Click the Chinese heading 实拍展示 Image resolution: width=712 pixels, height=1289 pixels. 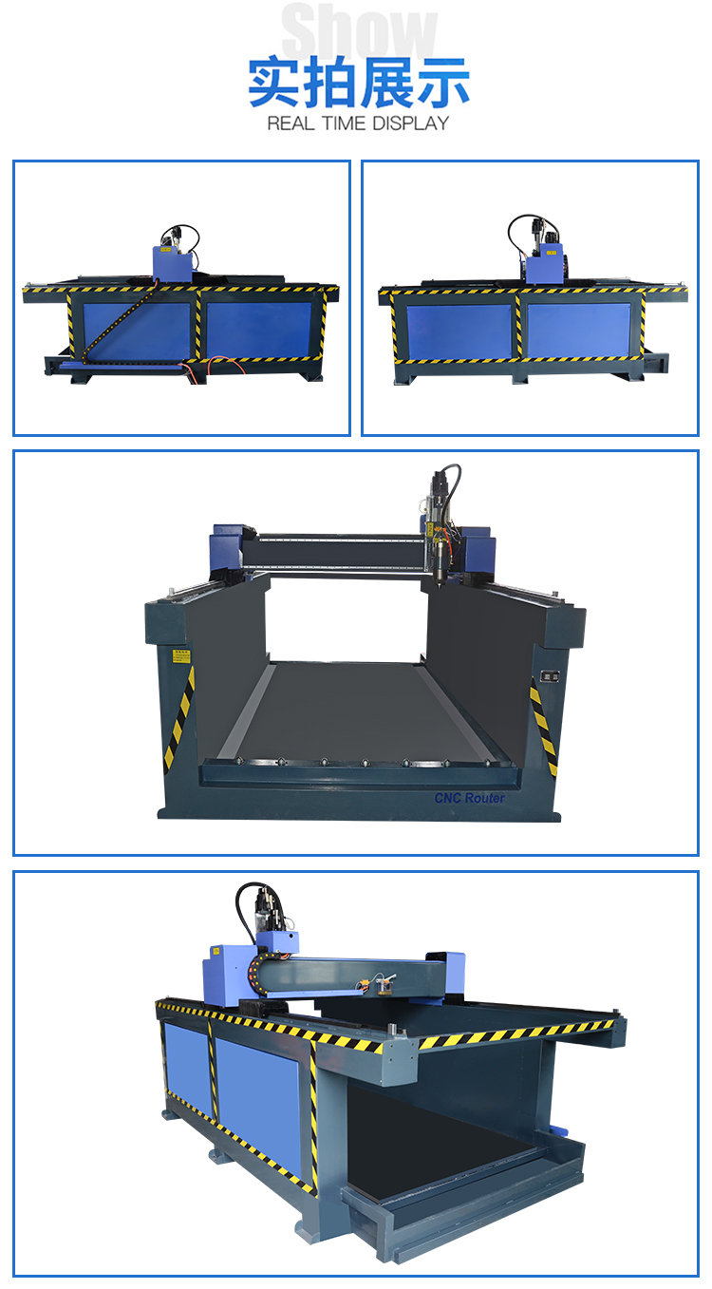(359, 84)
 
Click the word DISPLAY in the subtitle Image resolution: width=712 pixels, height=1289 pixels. (410, 123)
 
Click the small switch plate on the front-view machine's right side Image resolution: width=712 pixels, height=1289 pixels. (548, 675)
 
